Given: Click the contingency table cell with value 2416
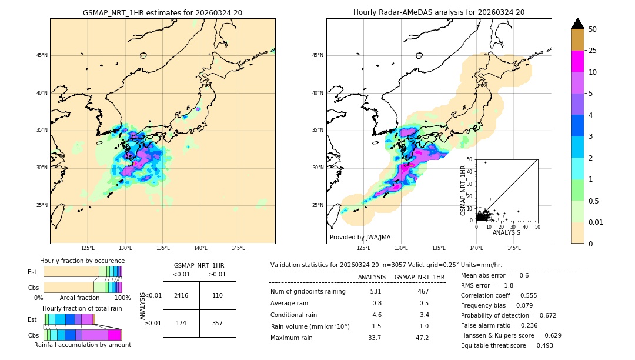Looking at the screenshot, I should click(x=181, y=295).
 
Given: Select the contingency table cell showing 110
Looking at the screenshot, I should click(x=218, y=295).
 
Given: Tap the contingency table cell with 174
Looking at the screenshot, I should click(x=181, y=324).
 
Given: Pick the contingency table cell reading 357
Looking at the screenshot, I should click(x=218, y=324).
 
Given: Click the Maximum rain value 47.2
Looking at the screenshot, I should click(x=423, y=338).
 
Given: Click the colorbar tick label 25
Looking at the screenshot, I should click(x=593, y=51).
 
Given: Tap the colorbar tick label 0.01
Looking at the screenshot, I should click(x=595, y=223).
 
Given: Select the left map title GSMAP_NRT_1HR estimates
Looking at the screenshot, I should click(x=162, y=12).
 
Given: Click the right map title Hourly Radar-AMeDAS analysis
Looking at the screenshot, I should click(x=439, y=12).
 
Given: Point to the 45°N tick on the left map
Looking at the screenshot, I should click(x=41, y=55).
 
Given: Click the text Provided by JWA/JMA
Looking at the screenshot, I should click(x=360, y=238).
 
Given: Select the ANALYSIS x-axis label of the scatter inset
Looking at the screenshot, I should click(x=506, y=232).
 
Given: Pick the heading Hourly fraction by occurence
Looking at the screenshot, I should click(x=82, y=261).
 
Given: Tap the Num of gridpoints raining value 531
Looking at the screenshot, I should click(x=376, y=291).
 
